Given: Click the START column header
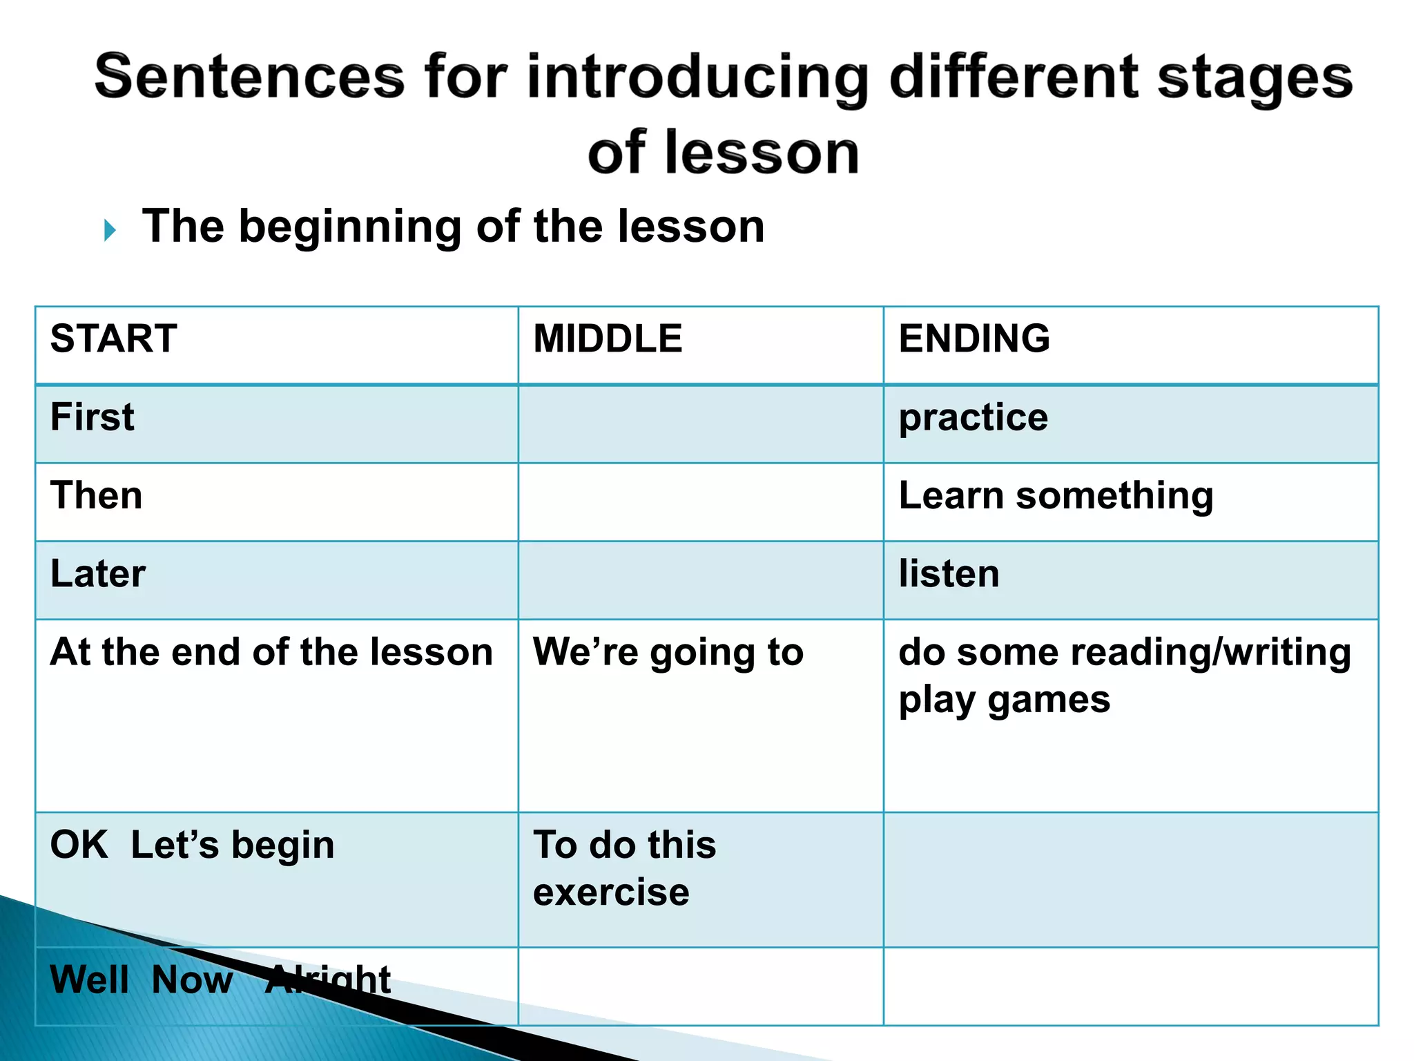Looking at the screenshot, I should pos(114,338).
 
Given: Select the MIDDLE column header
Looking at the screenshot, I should pos(608,338).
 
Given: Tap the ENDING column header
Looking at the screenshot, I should pos(974,338).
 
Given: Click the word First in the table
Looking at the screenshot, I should pos(93,417).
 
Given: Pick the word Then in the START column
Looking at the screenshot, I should pos(97,495).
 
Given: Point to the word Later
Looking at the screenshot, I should pos(98,573).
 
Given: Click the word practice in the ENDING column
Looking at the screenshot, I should pos(974,418).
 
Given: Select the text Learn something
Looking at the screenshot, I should pos(1056,496).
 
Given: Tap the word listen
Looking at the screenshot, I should pos(949,573).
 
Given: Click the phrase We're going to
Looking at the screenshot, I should pos(668,652).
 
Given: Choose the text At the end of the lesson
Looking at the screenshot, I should pos(271,652).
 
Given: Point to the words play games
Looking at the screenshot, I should pos(1005,700).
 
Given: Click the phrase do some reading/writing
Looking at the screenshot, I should pos(1125,652).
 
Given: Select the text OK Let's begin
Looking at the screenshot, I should pos(193,845).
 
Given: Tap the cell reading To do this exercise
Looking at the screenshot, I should pos(624,868).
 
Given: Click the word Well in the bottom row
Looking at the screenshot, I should pos(90,979).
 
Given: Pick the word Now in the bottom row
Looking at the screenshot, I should pos(192,979).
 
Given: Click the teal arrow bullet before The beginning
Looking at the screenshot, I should pos(110,230).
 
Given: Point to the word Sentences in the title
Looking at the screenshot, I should pos(249,77).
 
